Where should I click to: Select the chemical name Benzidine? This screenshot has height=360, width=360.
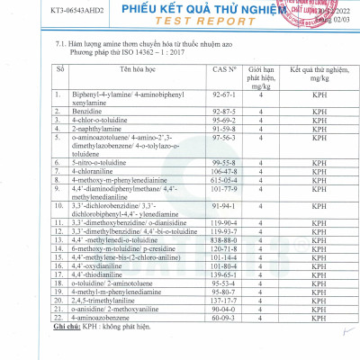(x=97, y=113)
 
